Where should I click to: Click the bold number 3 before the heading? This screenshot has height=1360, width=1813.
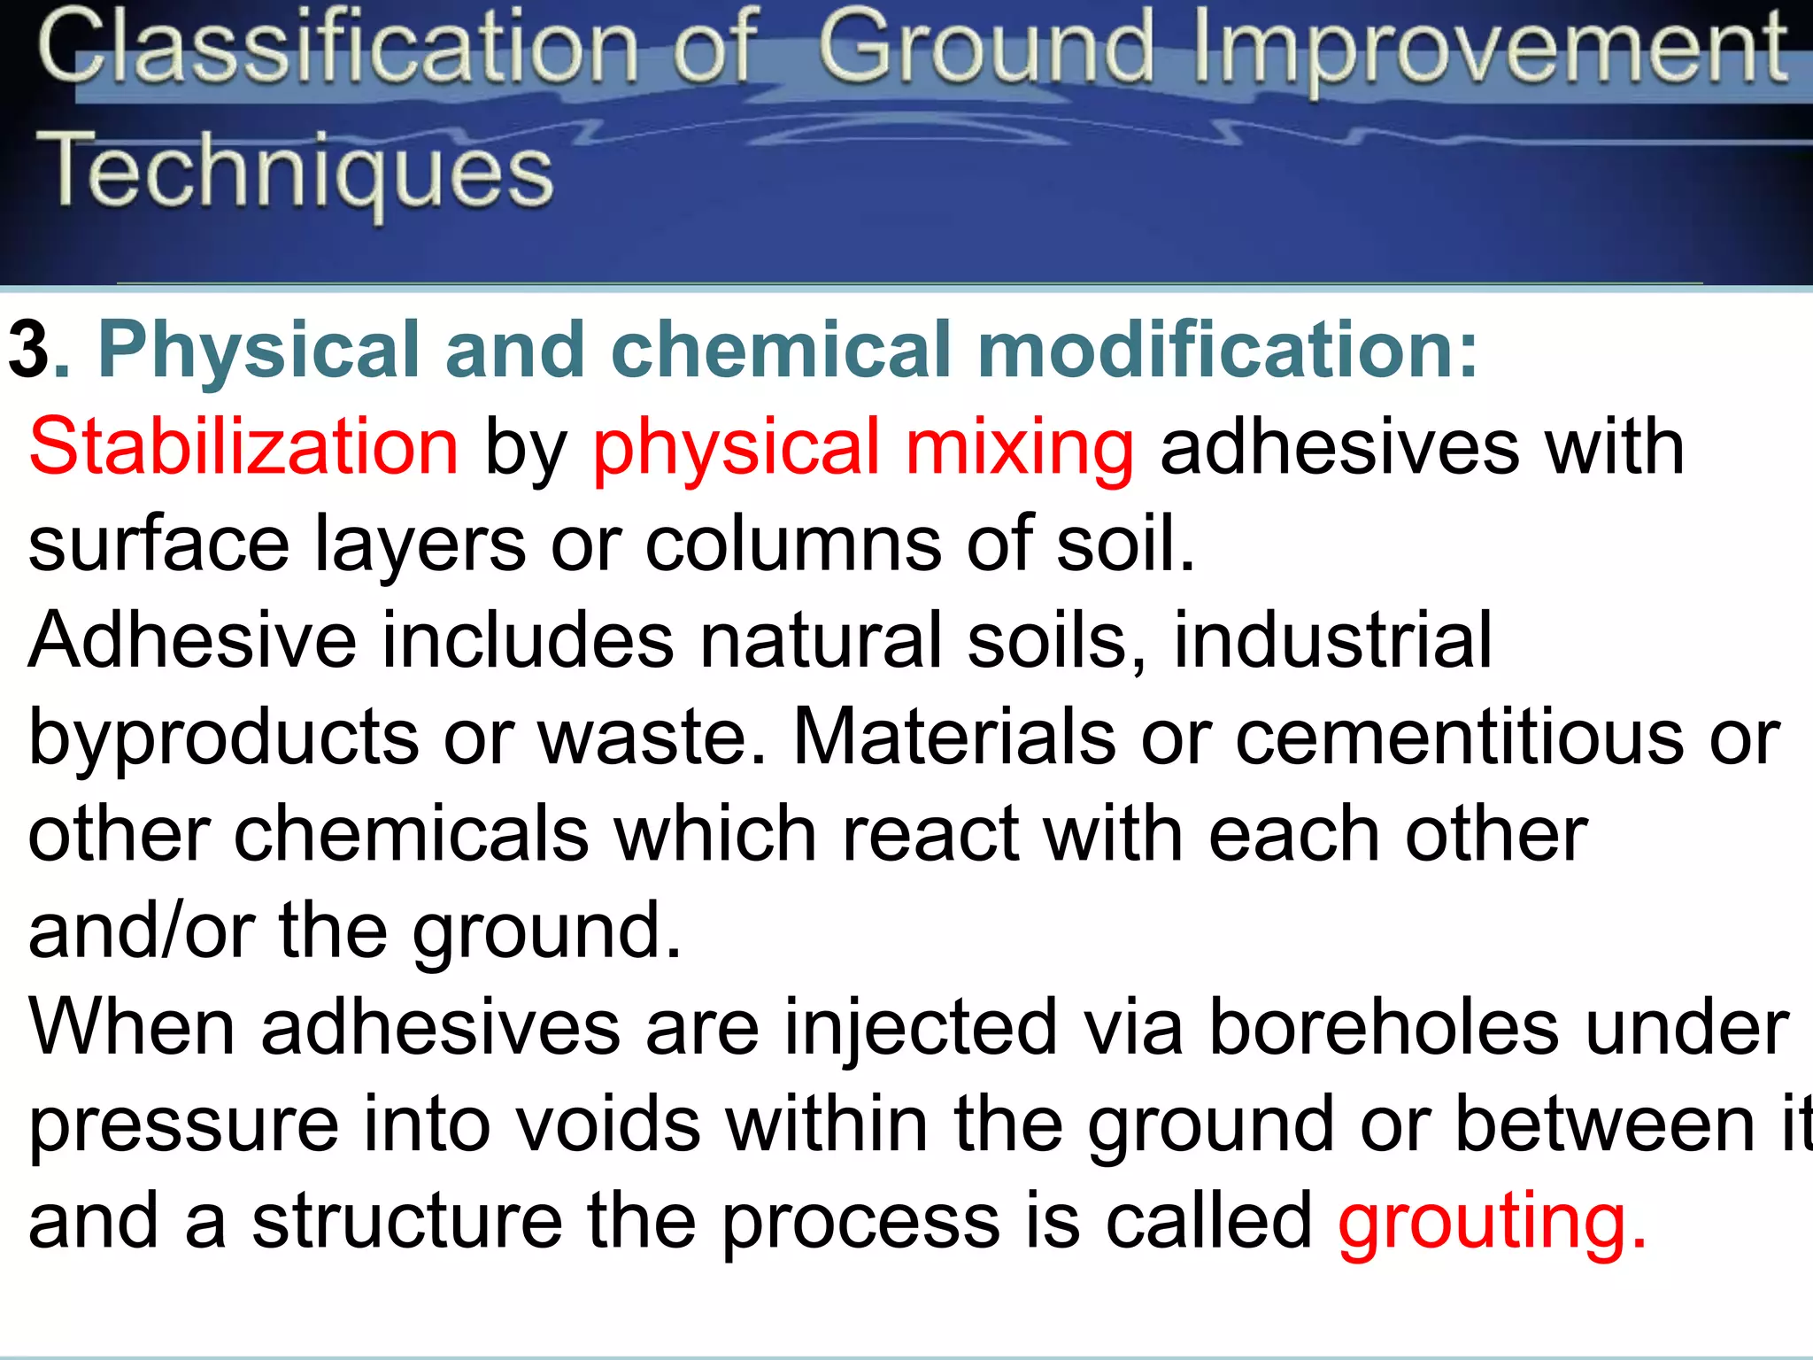28,351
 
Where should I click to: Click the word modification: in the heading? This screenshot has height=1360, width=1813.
1227,351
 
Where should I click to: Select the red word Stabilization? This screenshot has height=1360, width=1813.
243,447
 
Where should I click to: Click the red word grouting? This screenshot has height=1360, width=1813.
1493,1222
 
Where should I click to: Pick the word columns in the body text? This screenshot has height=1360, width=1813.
792,544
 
